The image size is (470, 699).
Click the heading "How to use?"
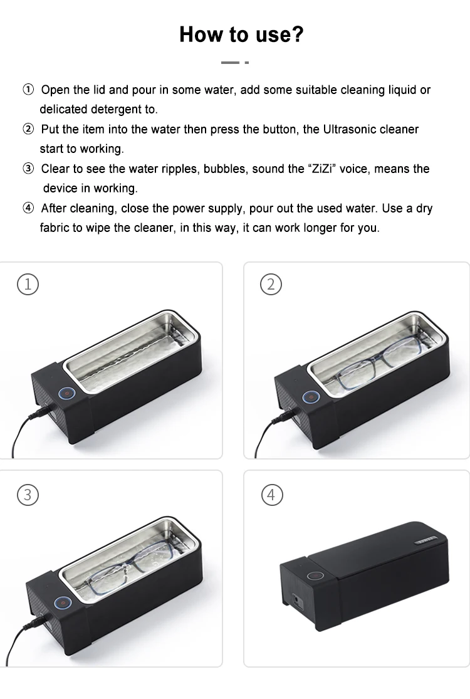[x=241, y=34]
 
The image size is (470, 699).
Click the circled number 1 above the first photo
[x=28, y=284]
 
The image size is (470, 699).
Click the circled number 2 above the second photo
[x=271, y=284]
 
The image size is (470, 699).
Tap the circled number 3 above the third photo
[x=28, y=495]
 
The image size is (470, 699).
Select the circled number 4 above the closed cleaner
[x=271, y=495]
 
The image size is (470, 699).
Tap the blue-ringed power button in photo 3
[x=62, y=602]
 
